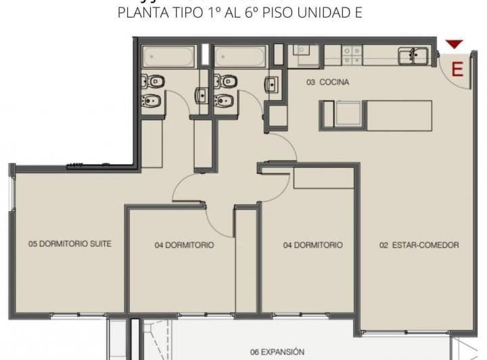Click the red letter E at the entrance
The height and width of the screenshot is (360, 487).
point(457,69)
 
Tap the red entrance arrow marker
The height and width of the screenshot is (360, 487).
point(455,45)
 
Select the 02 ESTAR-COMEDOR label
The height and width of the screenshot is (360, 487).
point(419,245)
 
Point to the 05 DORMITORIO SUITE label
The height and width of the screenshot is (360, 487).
point(70,244)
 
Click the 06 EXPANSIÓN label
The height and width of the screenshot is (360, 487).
point(277,352)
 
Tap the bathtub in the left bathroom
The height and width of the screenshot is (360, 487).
point(169,56)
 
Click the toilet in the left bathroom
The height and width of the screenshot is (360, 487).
point(153,81)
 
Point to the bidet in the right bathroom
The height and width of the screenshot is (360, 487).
point(223,102)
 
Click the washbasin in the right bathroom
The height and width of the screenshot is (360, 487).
point(273,85)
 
